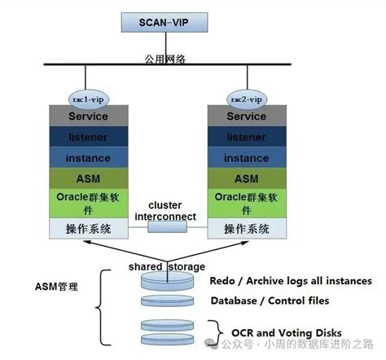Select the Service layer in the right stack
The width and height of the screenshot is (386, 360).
tap(246, 116)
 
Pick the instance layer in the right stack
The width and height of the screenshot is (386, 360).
tap(246, 157)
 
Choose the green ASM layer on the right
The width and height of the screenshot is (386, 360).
tap(246, 178)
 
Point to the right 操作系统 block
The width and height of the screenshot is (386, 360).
tap(246, 229)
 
